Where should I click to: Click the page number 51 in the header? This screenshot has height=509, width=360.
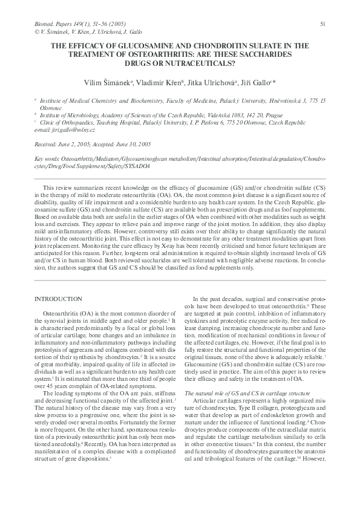[x=323, y=24]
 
